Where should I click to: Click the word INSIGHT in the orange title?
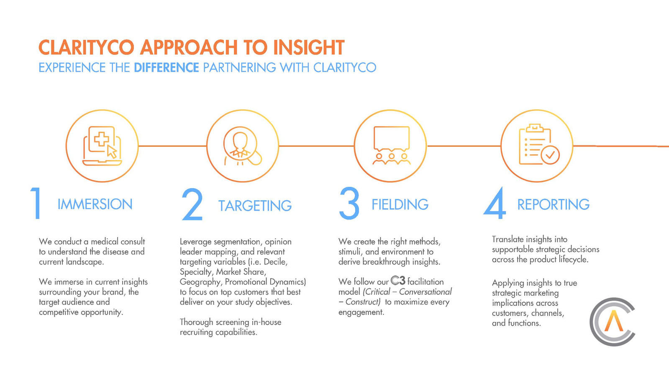pyautogui.click(x=309, y=47)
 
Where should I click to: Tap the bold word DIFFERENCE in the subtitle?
pyautogui.click(x=167, y=67)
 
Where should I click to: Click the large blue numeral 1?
pyautogui.click(x=36, y=203)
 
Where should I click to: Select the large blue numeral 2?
pyautogui.click(x=192, y=204)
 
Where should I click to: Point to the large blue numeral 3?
pyautogui.click(x=349, y=203)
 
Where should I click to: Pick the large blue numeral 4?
pyautogui.click(x=495, y=203)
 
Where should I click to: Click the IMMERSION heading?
pyautogui.click(x=95, y=204)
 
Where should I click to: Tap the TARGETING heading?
pyautogui.click(x=255, y=206)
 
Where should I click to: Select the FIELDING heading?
pyautogui.click(x=400, y=204)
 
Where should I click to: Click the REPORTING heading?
pyautogui.click(x=554, y=204)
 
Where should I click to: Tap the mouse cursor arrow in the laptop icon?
pyautogui.click(x=112, y=152)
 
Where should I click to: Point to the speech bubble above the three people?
pyautogui.click(x=391, y=138)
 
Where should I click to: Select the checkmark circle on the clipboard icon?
pyautogui.click(x=550, y=155)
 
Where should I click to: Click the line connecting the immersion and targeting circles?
pyautogui.click(x=172, y=146)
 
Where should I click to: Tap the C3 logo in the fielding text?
pyautogui.click(x=398, y=281)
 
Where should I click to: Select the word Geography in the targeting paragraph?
pyautogui.click(x=200, y=282)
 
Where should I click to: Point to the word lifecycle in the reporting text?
pyautogui.click(x=574, y=260)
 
